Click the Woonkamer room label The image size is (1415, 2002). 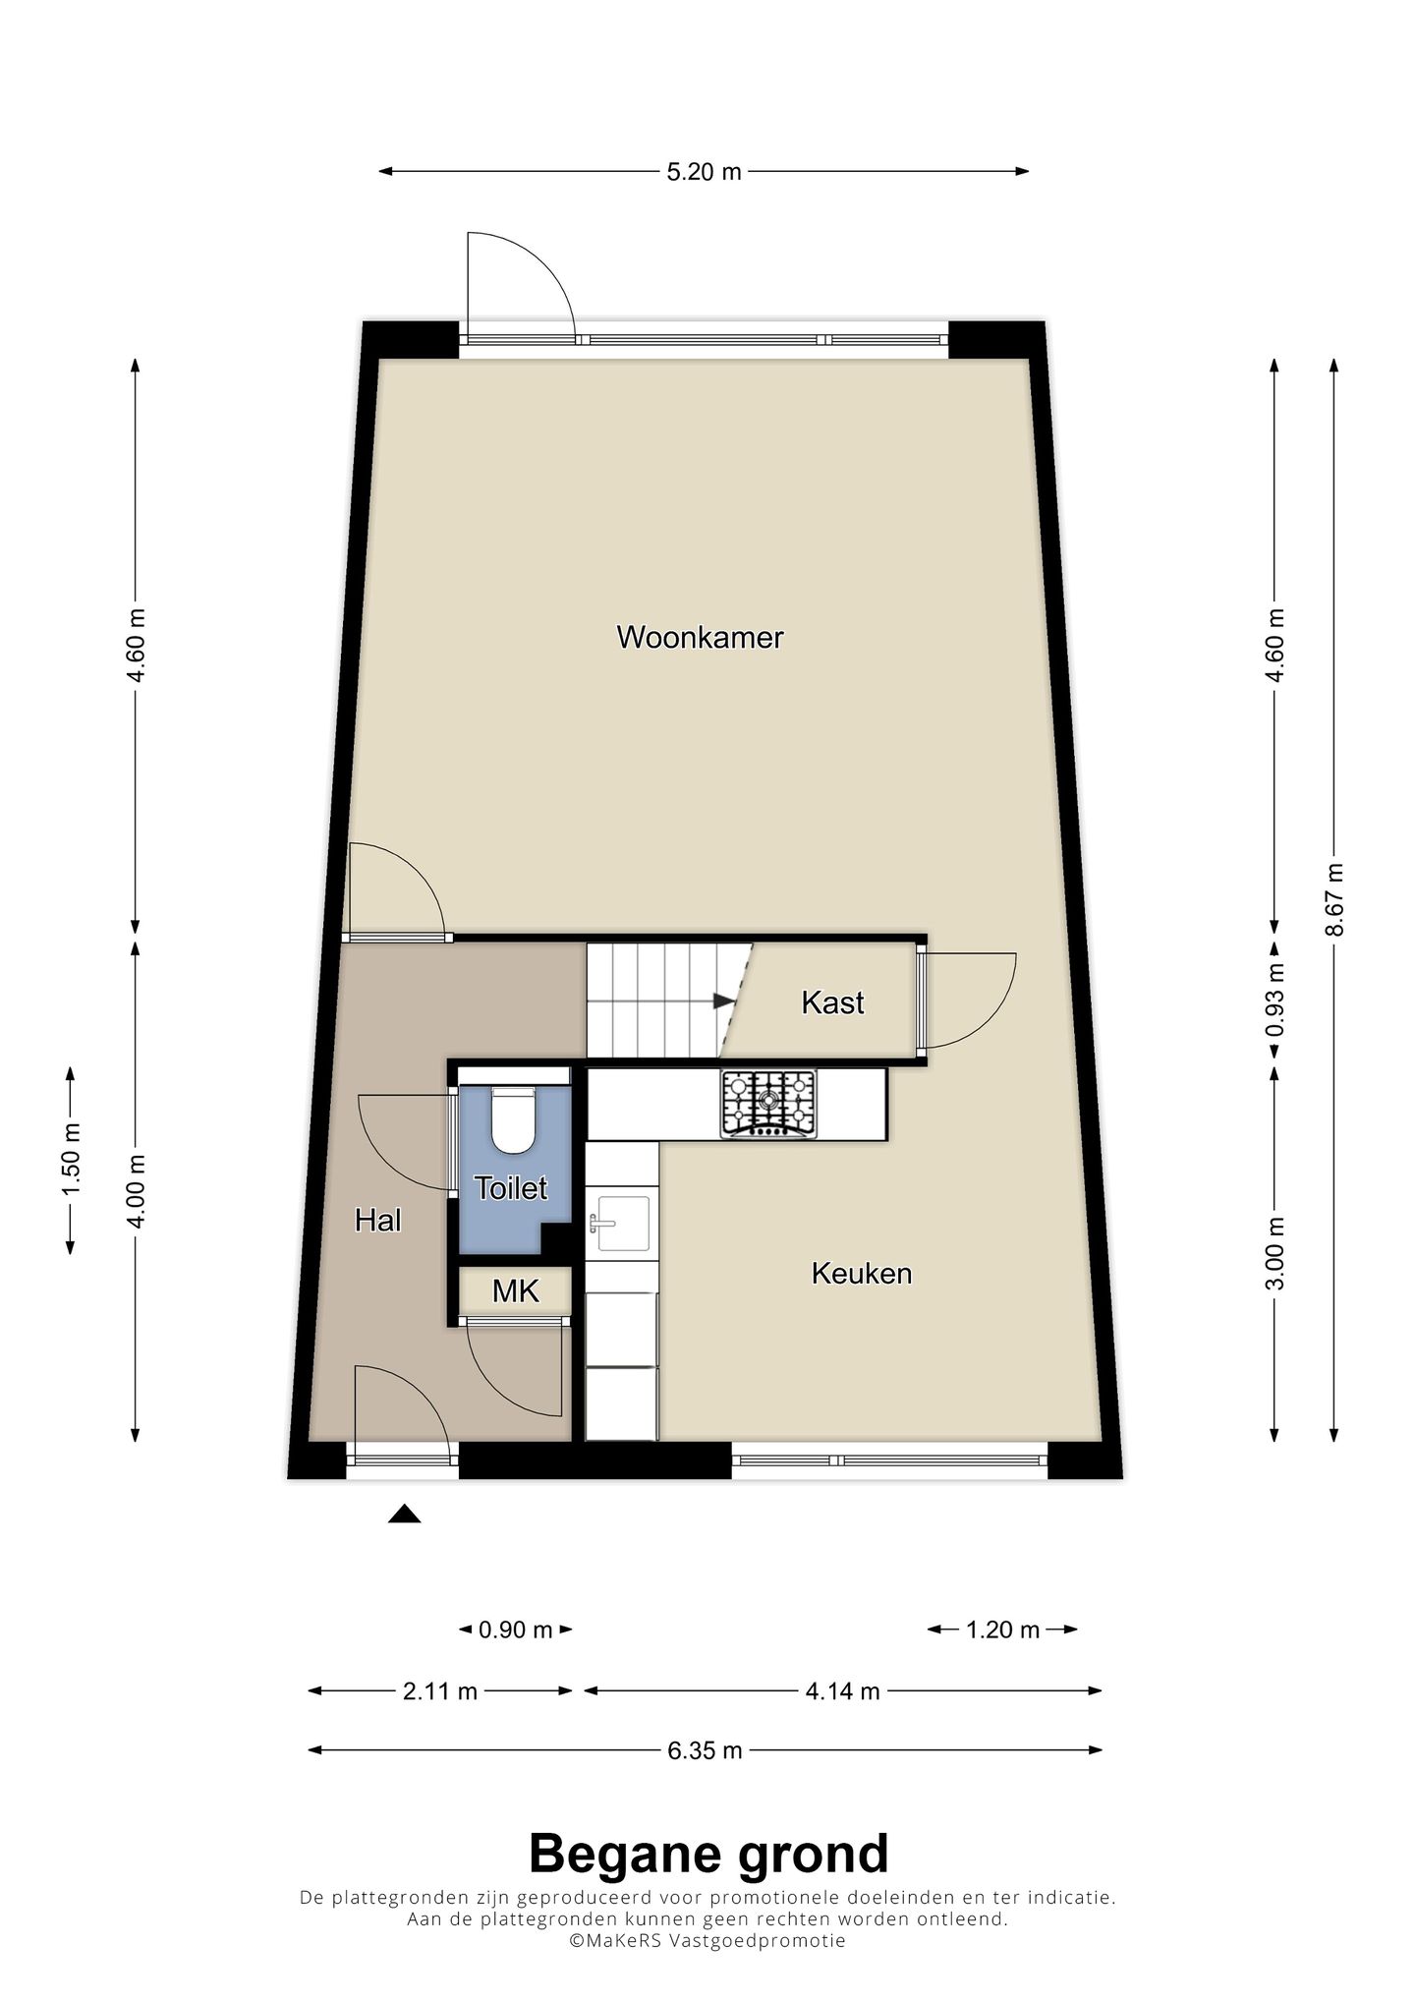(x=700, y=638)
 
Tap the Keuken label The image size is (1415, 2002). (x=862, y=1274)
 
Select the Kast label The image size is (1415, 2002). (x=832, y=1002)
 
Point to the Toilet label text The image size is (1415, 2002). (x=511, y=1188)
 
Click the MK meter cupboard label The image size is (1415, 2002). (x=516, y=1290)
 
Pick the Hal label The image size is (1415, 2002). (x=378, y=1221)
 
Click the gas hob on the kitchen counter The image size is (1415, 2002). (x=768, y=1105)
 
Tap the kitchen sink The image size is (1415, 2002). (x=618, y=1224)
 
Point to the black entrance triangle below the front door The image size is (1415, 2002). (x=404, y=1514)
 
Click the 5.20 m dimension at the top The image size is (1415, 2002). (x=704, y=172)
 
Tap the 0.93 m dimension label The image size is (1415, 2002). (x=1274, y=1000)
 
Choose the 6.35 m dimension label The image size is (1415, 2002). (x=705, y=1750)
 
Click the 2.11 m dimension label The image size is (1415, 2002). (x=440, y=1691)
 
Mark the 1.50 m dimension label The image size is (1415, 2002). (x=71, y=1161)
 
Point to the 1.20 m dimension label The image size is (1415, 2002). (x=1002, y=1630)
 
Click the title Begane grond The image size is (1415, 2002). (x=707, y=1854)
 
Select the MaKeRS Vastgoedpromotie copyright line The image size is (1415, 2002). (x=707, y=1941)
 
